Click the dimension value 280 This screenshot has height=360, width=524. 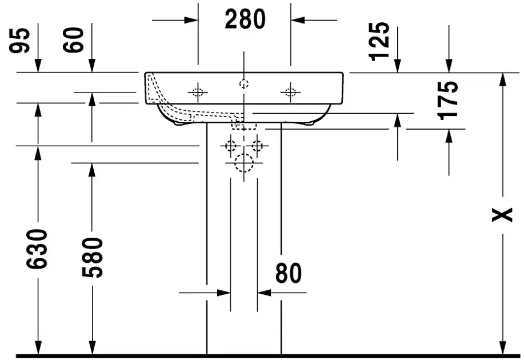click(x=245, y=20)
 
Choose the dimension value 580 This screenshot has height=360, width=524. click(x=91, y=257)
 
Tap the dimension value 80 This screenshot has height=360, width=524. click(x=288, y=274)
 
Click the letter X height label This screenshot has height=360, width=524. click(x=502, y=214)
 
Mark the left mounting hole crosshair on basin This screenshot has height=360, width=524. click(x=198, y=92)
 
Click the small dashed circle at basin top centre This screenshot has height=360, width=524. click(x=244, y=84)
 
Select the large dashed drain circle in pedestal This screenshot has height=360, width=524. click(x=244, y=163)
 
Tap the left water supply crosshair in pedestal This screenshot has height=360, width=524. click(x=230, y=146)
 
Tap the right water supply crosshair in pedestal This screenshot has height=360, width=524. click(x=257, y=146)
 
